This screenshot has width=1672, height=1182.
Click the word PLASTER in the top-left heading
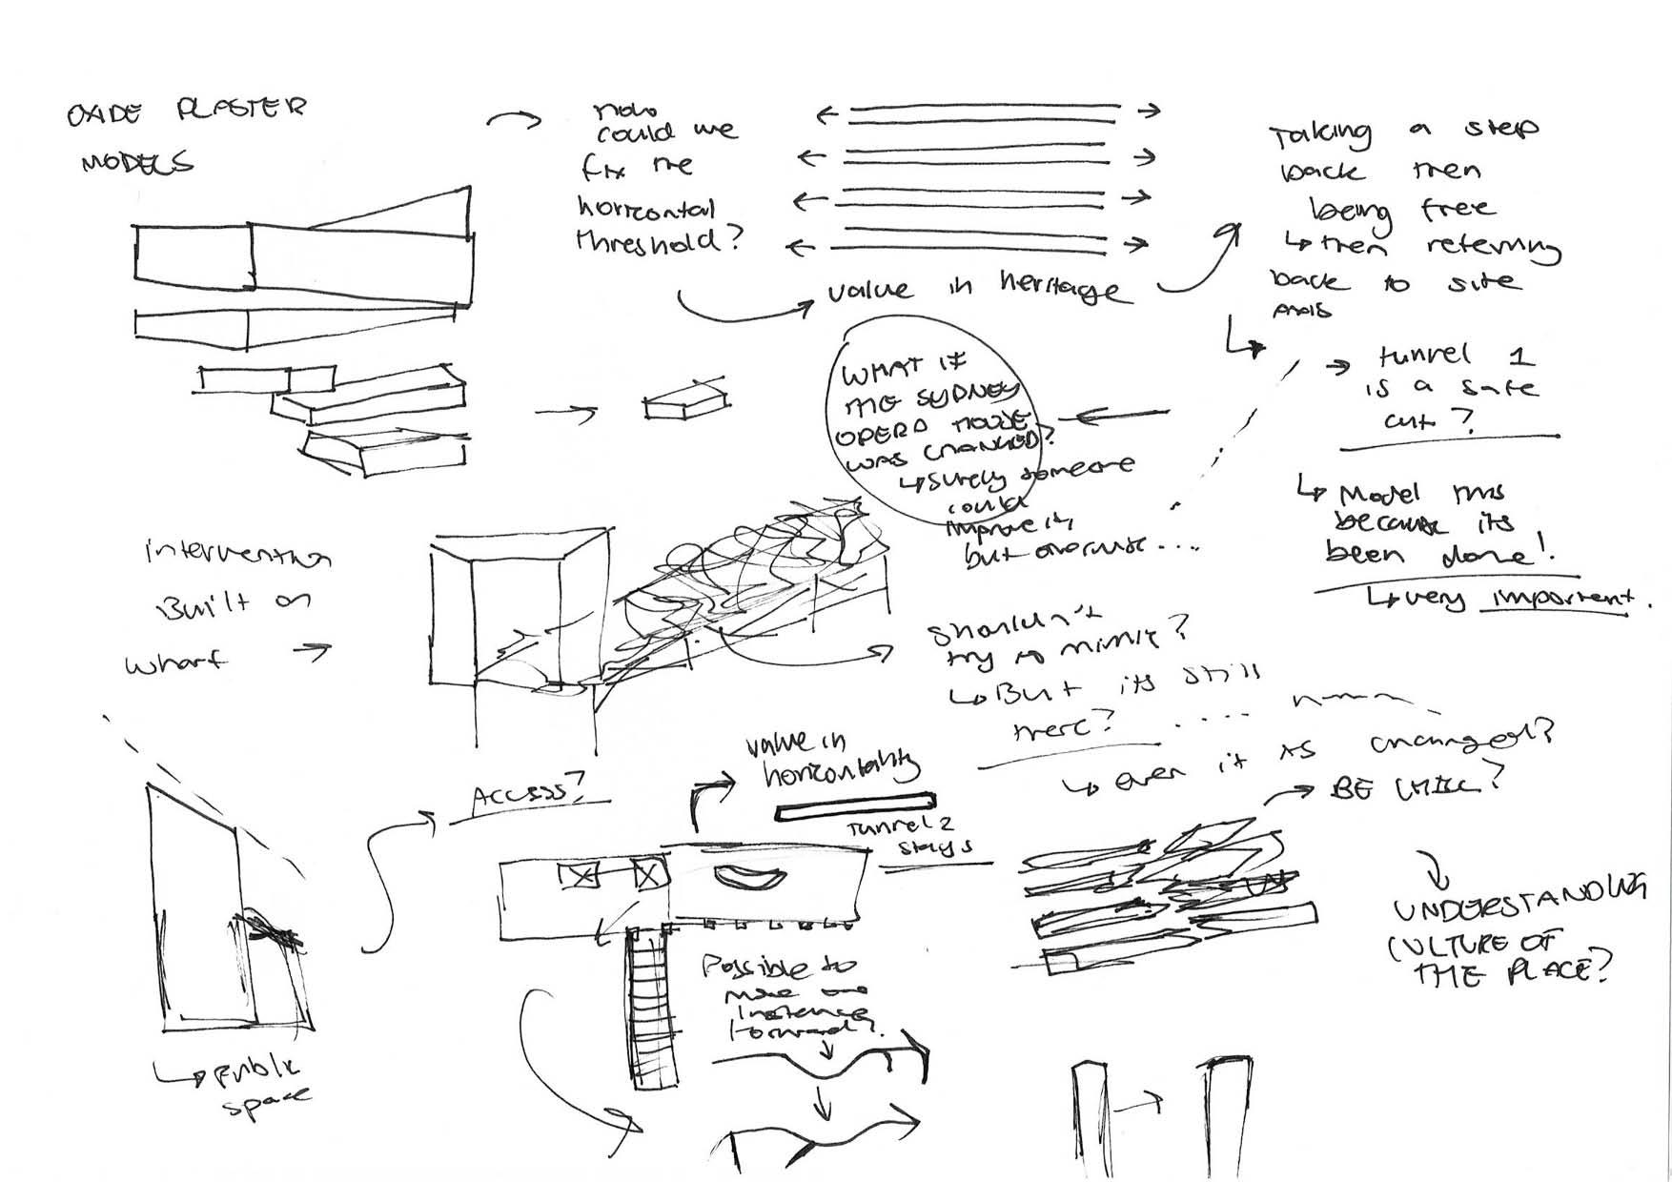[x=242, y=109]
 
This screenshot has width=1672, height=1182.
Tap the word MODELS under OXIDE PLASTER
[x=137, y=163]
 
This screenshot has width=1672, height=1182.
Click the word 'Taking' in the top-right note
[x=1319, y=137]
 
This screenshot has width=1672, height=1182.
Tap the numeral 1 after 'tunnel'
[x=1522, y=357]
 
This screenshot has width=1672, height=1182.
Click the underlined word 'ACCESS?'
[x=528, y=794]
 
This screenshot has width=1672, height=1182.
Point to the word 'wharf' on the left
[x=177, y=662]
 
